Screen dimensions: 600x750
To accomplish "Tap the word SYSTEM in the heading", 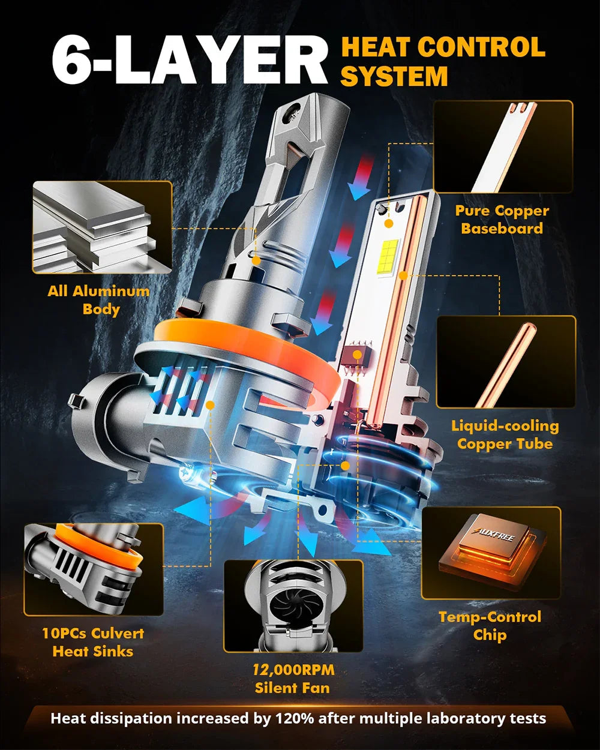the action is [x=394, y=76].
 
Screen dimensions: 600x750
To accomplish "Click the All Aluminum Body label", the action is [x=98, y=300].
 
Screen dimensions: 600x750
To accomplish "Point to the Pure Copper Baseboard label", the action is [x=502, y=220].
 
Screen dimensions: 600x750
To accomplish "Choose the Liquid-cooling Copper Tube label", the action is [x=505, y=435].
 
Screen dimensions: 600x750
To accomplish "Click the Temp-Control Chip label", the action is [x=490, y=626].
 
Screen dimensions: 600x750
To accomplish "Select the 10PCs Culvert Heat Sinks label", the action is [x=93, y=643].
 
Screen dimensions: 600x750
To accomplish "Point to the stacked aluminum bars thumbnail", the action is [x=102, y=227].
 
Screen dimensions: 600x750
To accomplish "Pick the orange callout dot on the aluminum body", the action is [x=256, y=260].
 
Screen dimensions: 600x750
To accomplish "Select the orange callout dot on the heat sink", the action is [x=210, y=405].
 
